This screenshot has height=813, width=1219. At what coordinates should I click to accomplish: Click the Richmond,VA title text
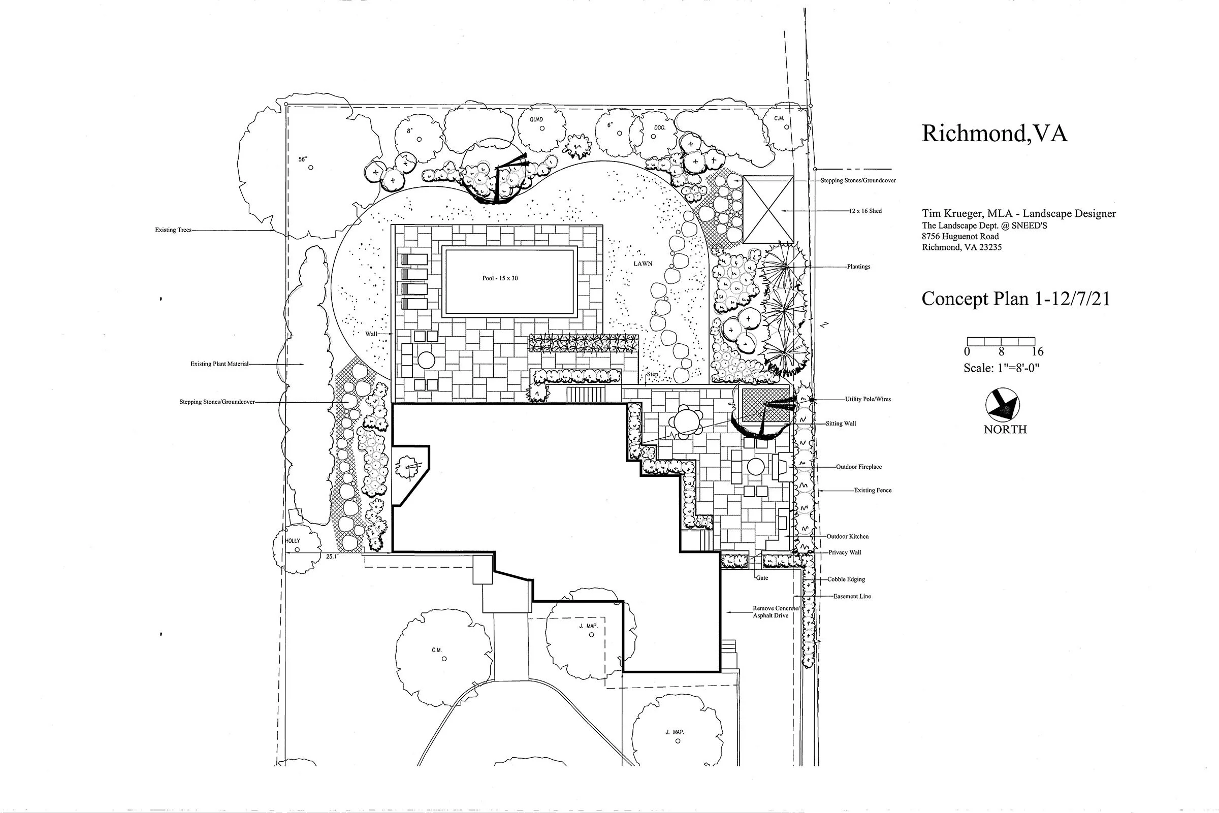click(994, 134)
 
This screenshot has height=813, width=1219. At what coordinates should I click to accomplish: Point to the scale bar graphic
click(1001, 341)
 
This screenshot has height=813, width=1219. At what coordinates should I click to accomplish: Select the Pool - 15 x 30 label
click(500, 278)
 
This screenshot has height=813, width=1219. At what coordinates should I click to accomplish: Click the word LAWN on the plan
click(643, 264)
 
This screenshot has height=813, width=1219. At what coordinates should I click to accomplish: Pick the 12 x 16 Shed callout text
click(865, 211)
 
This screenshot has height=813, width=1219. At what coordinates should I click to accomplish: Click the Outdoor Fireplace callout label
click(859, 467)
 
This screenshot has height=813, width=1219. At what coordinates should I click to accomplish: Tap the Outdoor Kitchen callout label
click(847, 536)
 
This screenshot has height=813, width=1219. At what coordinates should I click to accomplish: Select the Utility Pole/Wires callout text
click(868, 399)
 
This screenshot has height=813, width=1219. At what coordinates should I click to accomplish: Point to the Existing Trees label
click(173, 230)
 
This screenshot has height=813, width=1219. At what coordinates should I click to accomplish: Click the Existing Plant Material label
click(219, 364)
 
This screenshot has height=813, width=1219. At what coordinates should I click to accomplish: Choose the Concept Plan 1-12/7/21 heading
click(1015, 299)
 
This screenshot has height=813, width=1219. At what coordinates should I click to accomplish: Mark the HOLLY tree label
click(294, 541)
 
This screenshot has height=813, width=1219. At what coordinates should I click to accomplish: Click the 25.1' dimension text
click(332, 557)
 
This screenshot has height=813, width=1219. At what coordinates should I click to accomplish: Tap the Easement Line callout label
click(852, 596)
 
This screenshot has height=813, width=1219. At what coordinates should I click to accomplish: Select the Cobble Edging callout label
click(846, 579)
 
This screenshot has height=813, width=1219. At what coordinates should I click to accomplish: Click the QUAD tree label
click(536, 120)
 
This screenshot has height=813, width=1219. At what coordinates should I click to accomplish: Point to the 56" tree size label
click(303, 159)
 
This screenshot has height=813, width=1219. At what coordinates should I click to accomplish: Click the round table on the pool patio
click(426, 360)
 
